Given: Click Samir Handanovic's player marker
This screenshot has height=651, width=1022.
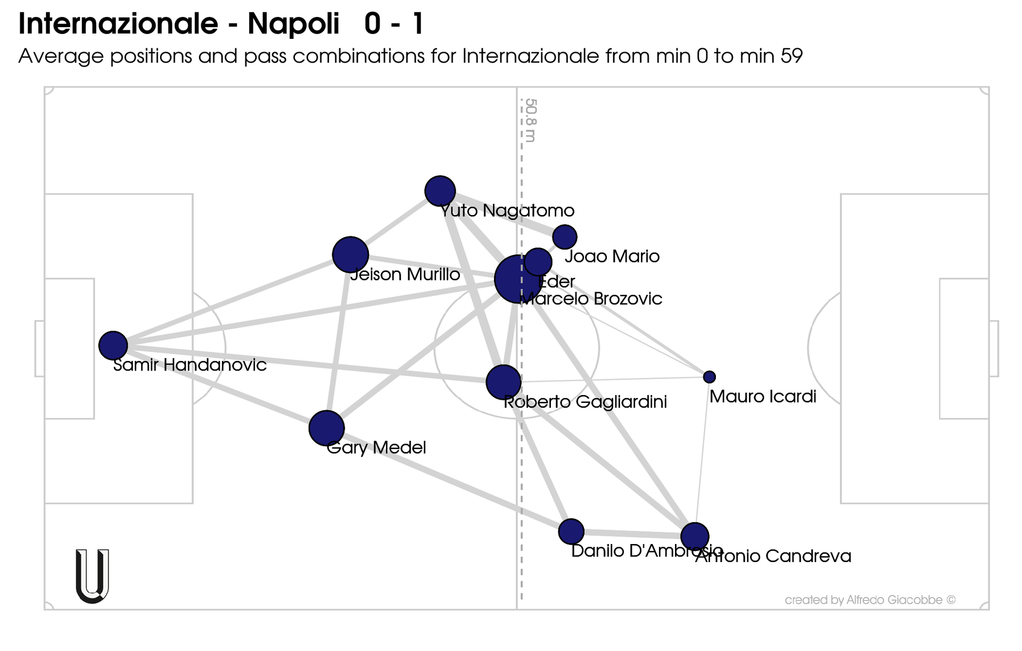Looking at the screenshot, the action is click(113, 345).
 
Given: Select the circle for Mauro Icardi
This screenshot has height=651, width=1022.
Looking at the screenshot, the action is click(709, 377).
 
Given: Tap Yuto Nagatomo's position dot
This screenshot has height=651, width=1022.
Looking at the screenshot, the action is click(440, 191).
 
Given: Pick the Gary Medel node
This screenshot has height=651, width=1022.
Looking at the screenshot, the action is click(326, 428).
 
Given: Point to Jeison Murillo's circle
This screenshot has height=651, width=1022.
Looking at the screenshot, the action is click(350, 255).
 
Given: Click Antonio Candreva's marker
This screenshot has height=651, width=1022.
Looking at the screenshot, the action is click(695, 536).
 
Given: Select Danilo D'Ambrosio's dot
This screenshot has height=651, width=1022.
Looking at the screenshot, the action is click(571, 531).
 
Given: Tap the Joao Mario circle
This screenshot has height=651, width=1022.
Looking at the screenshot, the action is click(564, 237).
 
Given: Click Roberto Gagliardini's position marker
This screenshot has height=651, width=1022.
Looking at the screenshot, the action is click(503, 382).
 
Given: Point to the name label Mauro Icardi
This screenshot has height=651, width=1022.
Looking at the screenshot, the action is click(762, 397).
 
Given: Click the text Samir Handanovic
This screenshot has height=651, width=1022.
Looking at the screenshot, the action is click(190, 365).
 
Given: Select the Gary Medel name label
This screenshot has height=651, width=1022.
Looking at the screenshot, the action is click(376, 448).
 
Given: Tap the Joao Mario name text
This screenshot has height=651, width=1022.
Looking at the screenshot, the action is click(612, 257).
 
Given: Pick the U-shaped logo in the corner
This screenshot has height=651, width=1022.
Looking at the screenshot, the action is click(93, 576).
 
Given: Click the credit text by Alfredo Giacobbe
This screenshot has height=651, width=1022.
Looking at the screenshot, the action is click(870, 600).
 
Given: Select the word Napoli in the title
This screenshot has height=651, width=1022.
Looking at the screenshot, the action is click(293, 24).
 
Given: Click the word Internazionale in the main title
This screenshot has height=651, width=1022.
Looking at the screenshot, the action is click(118, 24).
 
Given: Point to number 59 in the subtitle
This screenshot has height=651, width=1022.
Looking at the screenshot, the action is click(792, 56).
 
